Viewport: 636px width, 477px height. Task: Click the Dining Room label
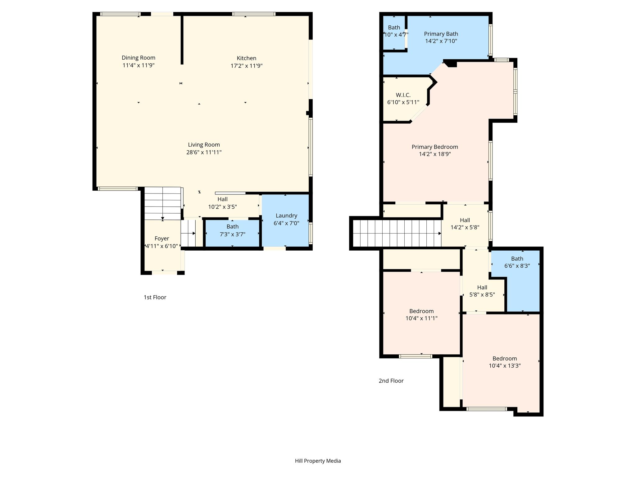click(139, 58)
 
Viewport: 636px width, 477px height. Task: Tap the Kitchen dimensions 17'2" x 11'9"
click(247, 66)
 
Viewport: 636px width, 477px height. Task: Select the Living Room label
click(204, 145)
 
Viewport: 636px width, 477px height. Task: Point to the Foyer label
click(162, 238)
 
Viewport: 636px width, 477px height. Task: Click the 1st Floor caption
click(155, 298)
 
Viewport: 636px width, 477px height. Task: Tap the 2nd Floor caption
click(391, 381)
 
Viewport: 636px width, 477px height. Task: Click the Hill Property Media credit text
click(318, 461)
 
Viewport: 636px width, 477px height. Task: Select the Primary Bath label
click(441, 34)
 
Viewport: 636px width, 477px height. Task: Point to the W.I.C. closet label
click(403, 95)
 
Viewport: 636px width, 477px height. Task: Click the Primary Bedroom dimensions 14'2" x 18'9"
click(435, 154)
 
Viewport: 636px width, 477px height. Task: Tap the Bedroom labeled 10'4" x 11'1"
click(421, 315)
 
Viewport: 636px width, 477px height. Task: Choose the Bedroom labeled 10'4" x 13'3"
click(505, 362)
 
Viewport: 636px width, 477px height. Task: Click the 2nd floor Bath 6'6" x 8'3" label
click(517, 262)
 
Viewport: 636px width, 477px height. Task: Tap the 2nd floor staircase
click(397, 234)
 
